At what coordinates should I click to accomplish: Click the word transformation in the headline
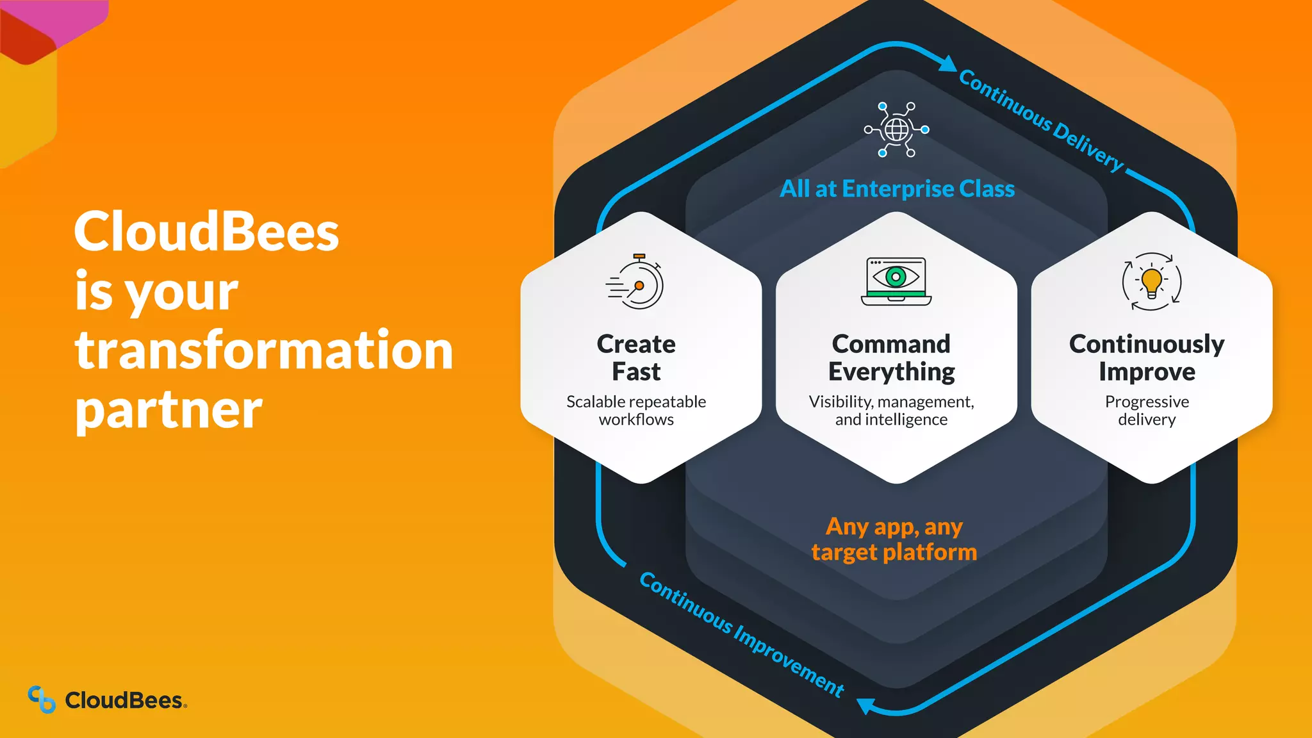(x=263, y=350)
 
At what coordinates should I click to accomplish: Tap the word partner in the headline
(x=168, y=410)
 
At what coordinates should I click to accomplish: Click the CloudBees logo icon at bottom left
(x=42, y=699)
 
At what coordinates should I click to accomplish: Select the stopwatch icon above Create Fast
(x=636, y=283)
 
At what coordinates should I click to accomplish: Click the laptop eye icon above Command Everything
(x=896, y=281)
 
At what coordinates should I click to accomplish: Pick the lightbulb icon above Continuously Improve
(x=1151, y=282)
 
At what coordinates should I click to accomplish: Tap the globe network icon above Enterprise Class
(x=896, y=130)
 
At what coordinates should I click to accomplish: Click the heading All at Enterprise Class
(x=897, y=189)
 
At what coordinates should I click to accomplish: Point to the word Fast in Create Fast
(x=636, y=372)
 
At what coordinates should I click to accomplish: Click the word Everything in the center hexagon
(x=891, y=372)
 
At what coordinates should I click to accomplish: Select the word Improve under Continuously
(x=1147, y=372)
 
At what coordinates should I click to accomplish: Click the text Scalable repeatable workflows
(x=636, y=411)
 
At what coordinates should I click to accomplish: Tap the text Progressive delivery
(x=1147, y=411)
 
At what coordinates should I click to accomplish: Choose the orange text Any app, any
(x=894, y=527)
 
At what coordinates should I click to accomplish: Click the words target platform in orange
(x=894, y=552)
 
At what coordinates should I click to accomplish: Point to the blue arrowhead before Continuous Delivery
(x=947, y=63)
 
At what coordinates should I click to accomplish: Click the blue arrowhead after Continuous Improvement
(x=866, y=705)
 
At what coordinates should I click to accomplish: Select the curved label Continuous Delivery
(x=1041, y=120)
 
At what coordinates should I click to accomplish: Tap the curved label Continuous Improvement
(x=741, y=634)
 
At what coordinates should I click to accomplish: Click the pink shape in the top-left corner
(x=70, y=19)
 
